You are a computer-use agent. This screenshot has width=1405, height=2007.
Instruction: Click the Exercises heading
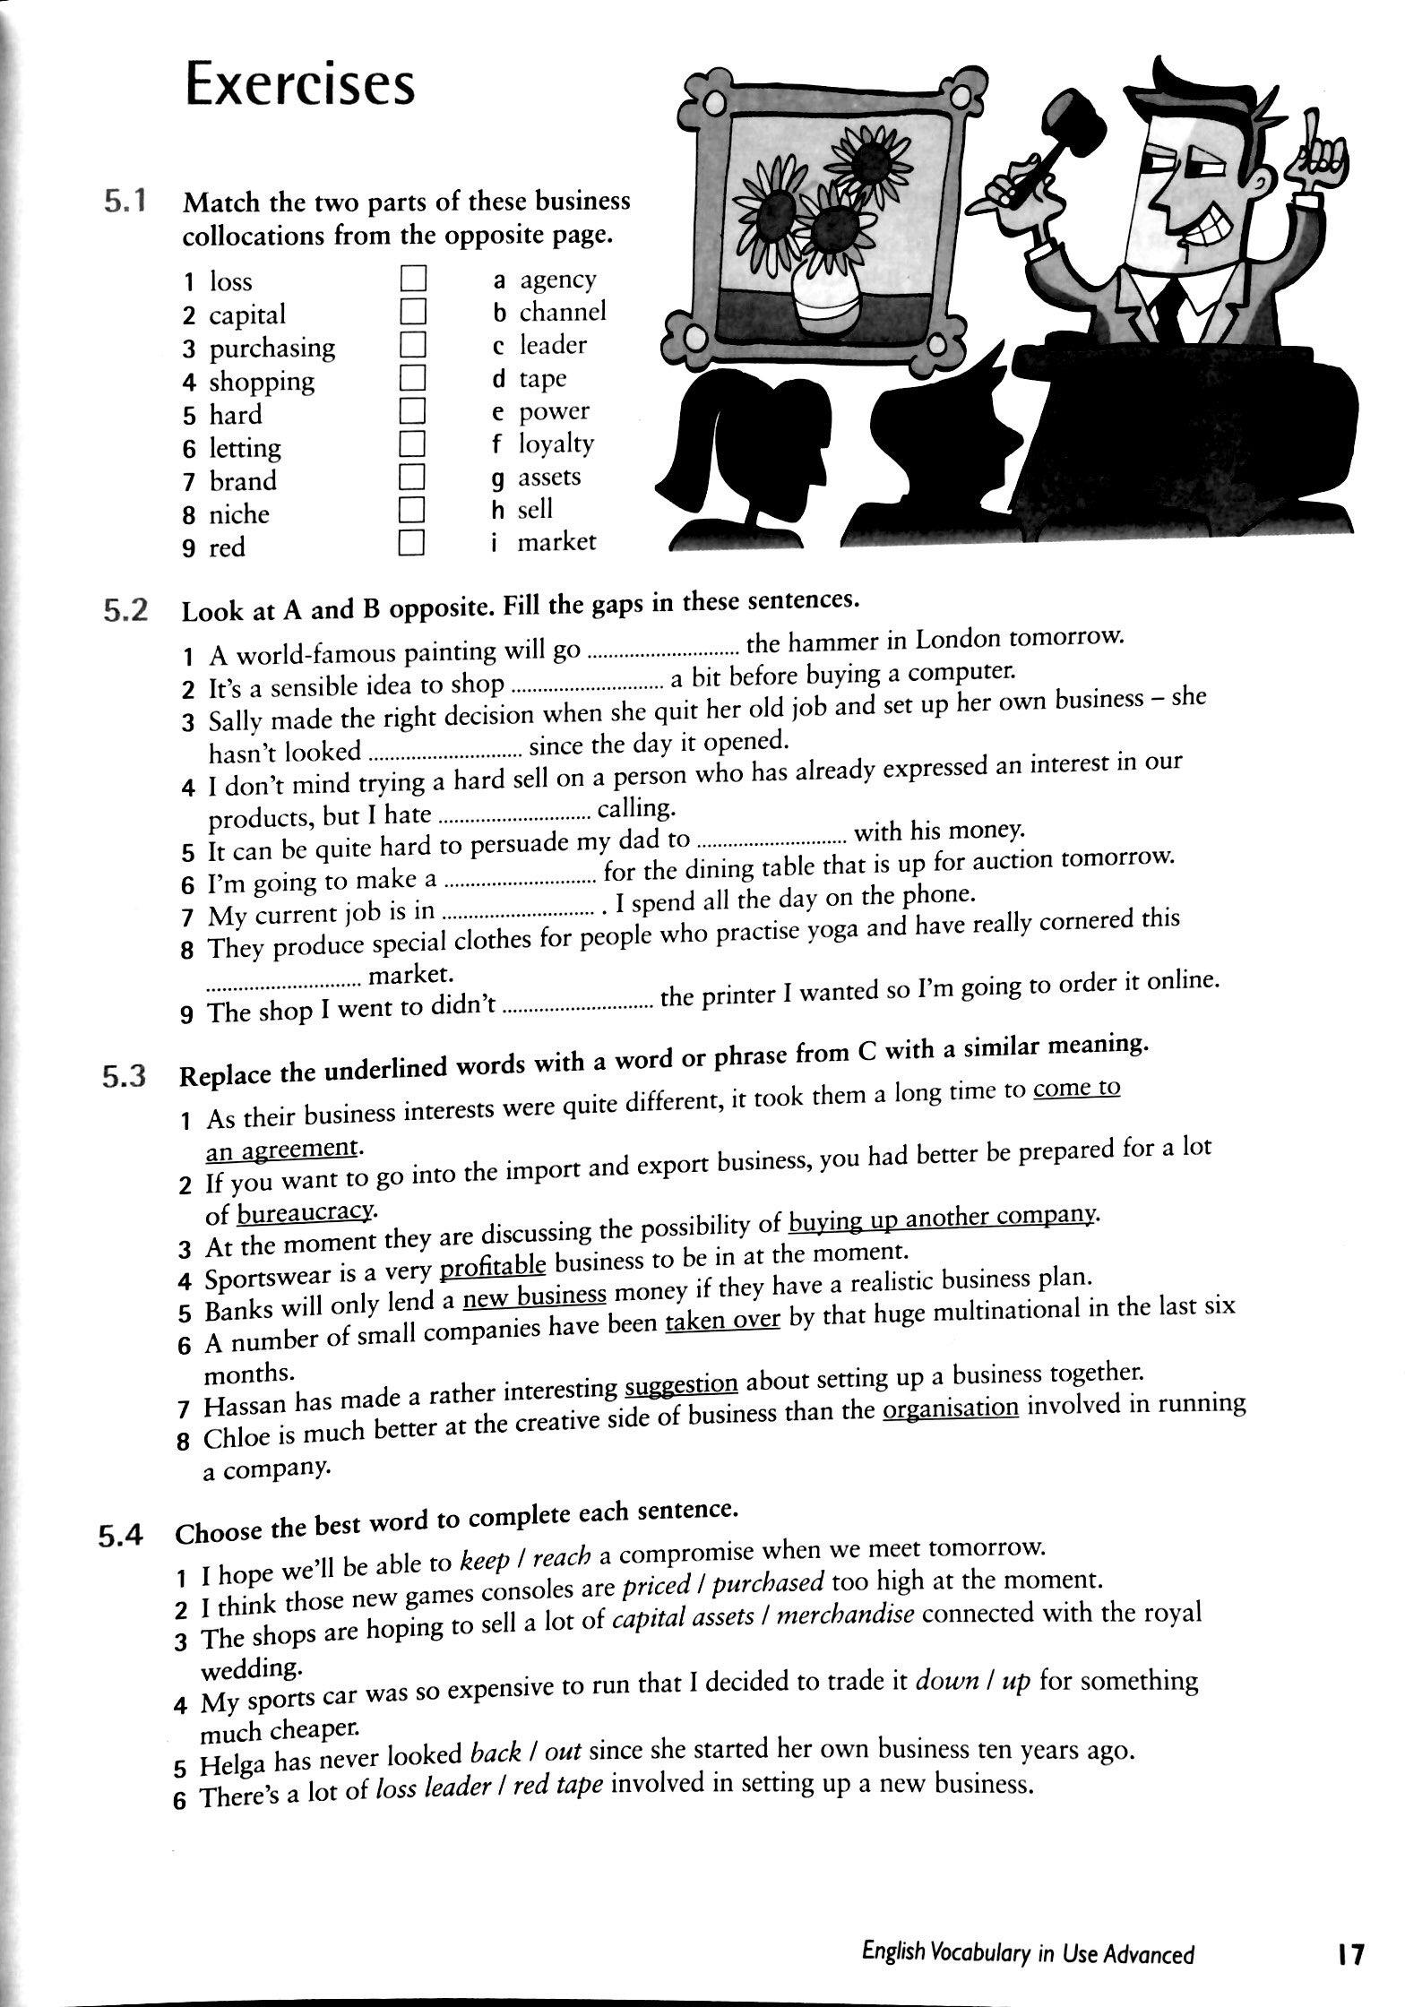(x=299, y=85)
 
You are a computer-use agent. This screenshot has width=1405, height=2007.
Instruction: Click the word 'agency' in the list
(x=557, y=280)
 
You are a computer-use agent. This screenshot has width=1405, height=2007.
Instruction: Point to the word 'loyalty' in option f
(x=556, y=444)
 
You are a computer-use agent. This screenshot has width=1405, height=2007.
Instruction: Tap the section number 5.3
(x=124, y=1076)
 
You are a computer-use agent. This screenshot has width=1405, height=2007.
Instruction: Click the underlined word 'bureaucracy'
(x=305, y=1213)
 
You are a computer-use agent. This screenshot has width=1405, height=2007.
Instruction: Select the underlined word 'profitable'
(x=493, y=1266)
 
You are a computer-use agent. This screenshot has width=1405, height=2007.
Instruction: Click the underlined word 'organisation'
(x=951, y=1408)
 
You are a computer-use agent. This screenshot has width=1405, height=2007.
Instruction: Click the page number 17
(x=1349, y=1954)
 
